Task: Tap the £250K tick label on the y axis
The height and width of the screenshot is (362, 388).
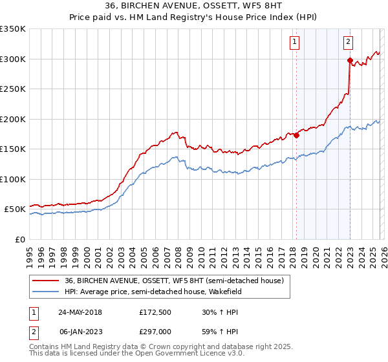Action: tap(13, 89)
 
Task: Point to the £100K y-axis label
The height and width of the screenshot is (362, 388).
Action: tap(13, 179)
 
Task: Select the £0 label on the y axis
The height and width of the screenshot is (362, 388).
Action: tap(19, 239)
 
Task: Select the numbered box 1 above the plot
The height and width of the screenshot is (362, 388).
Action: tap(295, 43)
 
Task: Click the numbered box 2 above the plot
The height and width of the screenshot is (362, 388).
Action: tap(348, 43)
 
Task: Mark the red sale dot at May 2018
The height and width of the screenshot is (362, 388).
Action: tap(296, 135)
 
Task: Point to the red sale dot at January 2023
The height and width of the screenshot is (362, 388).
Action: tap(350, 61)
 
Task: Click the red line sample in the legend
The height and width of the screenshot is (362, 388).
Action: tap(47, 281)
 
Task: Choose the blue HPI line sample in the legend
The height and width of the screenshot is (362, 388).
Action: tap(47, 292)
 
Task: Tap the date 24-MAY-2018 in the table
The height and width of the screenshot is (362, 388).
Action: tap(80, 312)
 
